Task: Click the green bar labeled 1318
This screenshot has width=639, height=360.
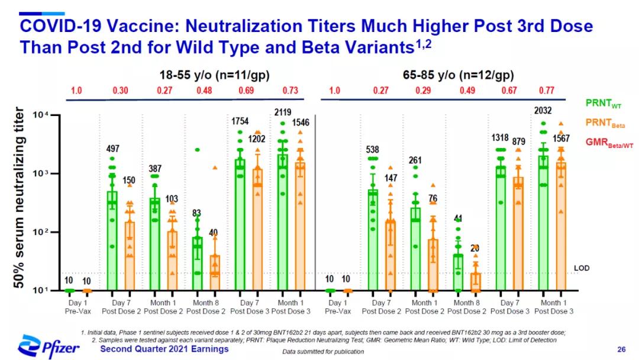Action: pyautogui.click(x=501, y=228)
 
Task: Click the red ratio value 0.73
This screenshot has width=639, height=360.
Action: pyautogui.click(x=291, y=90)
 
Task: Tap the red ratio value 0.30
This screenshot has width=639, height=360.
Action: pyautogui.click(x=121, y=90)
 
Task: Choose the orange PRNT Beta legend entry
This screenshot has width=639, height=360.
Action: pyautogui.click(x=603, y=123)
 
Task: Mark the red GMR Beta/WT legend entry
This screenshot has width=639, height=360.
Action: pyautogui.click(x=605, y=142)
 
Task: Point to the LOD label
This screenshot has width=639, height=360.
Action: pyautogui.click(x=582, y=268)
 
